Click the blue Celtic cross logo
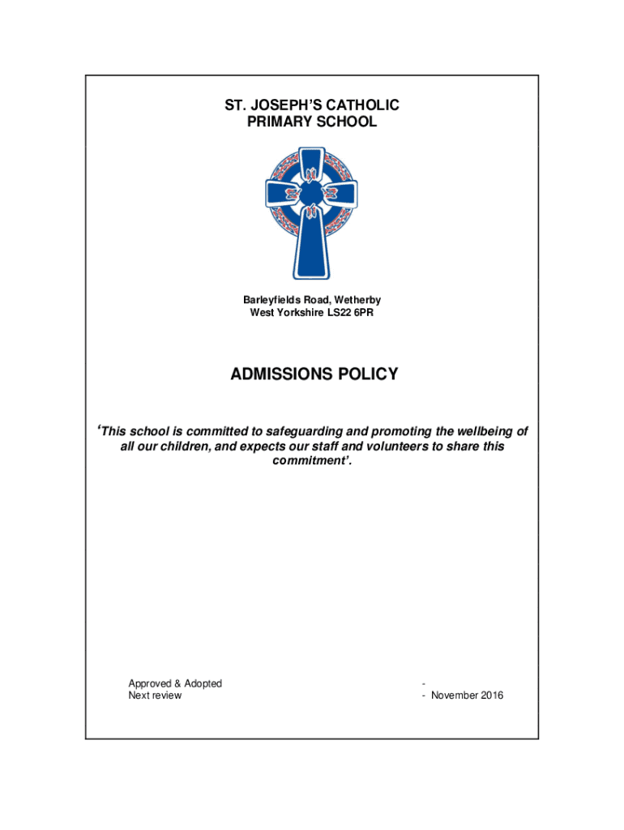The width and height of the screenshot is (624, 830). [312, 212]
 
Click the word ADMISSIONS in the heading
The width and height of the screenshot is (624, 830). [280, 374]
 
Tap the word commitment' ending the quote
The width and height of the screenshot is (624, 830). [311, 463]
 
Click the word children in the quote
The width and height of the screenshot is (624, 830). [180, 447]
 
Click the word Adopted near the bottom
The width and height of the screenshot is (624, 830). [203, 683]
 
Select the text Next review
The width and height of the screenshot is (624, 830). [155, 695]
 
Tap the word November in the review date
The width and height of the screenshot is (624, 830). [455, 695]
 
